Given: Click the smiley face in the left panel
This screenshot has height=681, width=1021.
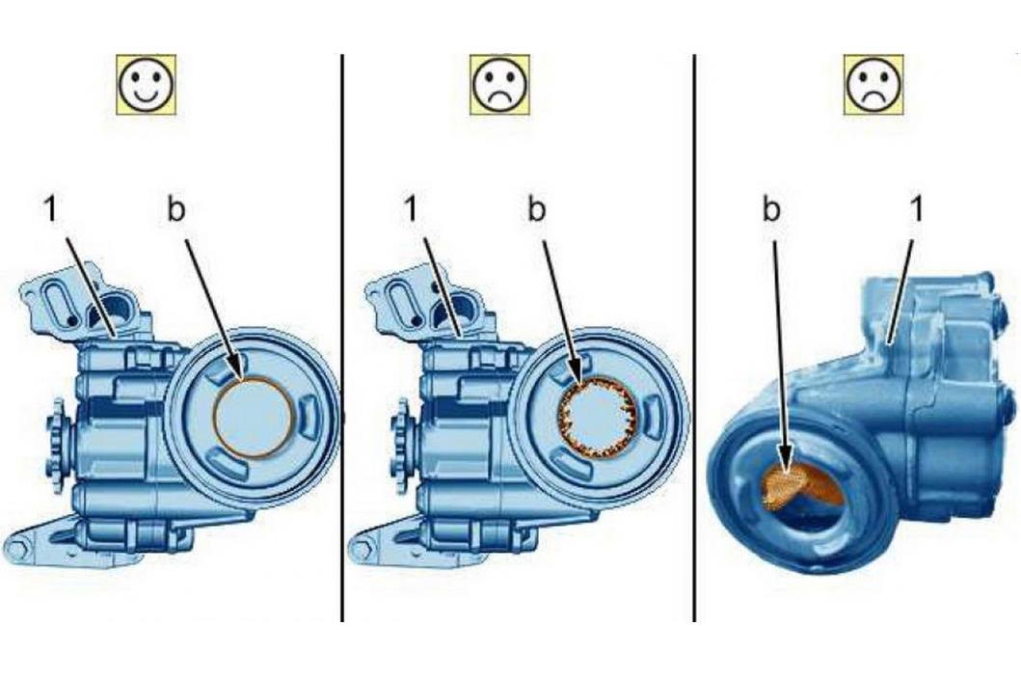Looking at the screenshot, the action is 146,85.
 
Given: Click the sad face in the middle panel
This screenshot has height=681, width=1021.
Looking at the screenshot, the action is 499,85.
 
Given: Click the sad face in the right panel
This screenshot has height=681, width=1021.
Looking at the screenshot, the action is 873,85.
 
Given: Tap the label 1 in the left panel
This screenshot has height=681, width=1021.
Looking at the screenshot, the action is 50,210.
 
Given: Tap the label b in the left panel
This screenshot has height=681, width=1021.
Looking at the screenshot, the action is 175,210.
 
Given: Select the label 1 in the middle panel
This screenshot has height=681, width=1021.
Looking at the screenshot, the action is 410,210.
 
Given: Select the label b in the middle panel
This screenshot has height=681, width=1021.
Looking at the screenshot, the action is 536,210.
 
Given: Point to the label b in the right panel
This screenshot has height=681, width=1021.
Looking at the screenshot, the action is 771,210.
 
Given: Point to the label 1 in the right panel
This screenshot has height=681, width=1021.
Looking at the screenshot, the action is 916,210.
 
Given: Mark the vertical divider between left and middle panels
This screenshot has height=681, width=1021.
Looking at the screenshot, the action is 342,338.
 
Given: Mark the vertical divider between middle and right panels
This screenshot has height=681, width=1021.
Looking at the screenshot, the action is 694,338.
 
